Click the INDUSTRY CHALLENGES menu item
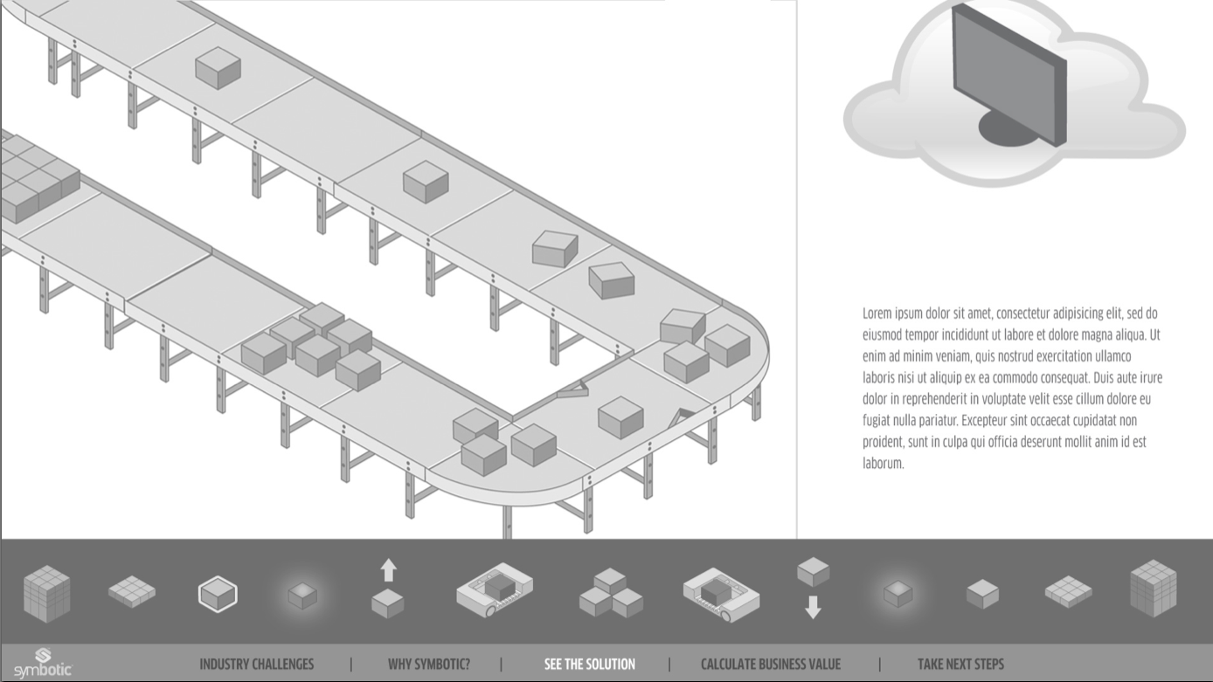(256, 665)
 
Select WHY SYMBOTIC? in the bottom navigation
(428, 665)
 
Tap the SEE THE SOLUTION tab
(589, 665)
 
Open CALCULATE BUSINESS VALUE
(770, 665)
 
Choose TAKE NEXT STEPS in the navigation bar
(960, 665)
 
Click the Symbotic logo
(42, 664)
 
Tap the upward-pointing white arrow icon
(388, 571)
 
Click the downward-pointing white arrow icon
(813, 607)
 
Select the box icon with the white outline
(218, 594)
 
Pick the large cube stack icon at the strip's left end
(46, 593)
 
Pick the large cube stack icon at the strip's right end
(1153, 588)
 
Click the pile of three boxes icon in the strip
(610, 593)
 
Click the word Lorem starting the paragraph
(877, 313)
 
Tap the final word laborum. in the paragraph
(883, 464)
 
